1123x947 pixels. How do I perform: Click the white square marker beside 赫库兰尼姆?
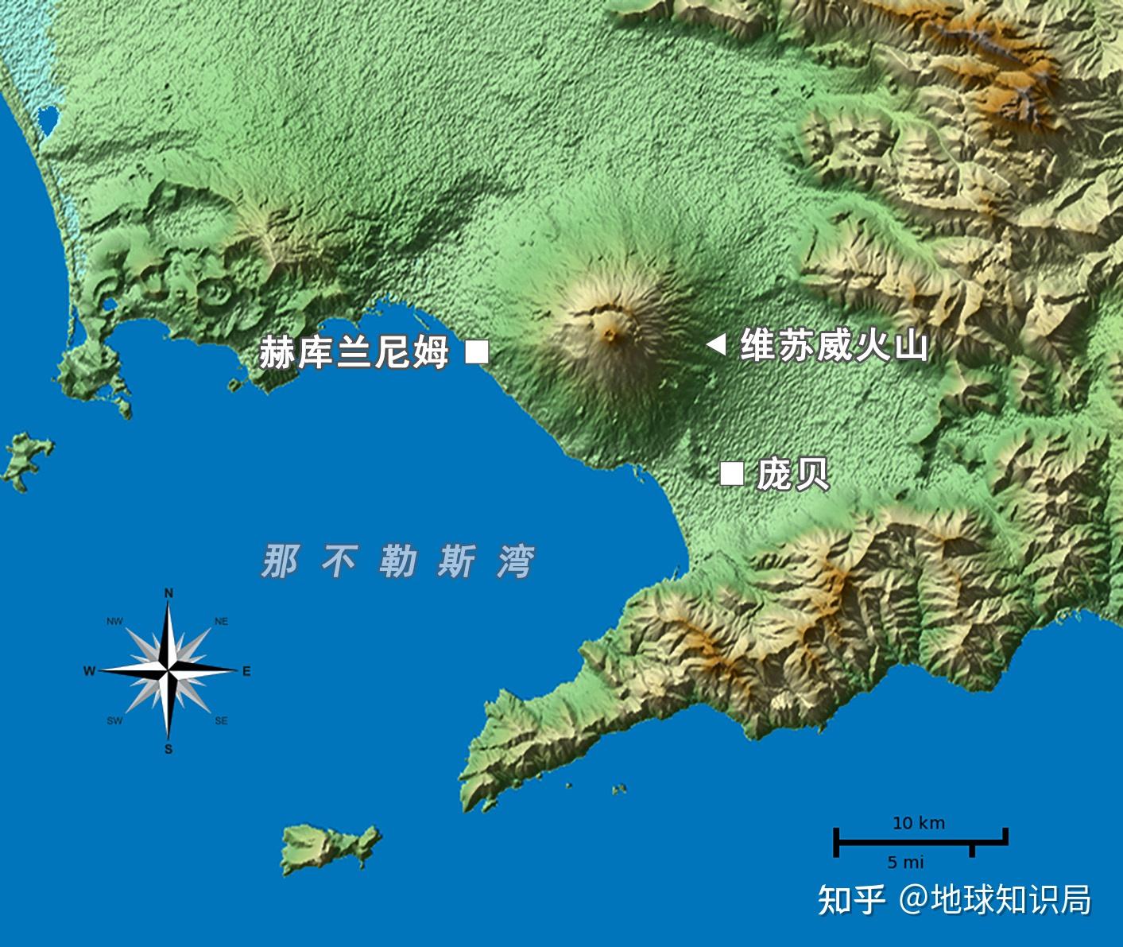point(477,351)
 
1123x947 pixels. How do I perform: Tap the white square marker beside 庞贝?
point(731,473)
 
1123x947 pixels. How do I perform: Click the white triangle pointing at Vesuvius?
point(716,344)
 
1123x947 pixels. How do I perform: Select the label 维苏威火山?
point(834,346)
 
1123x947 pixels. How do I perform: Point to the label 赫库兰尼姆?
point(354,352)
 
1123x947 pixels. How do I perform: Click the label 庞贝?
point(792,474)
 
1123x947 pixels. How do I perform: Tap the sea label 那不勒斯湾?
point(398,561)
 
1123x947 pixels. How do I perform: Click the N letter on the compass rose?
point(168,593)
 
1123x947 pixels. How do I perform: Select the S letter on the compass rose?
point(168,749)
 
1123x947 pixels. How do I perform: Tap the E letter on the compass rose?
point(246,672)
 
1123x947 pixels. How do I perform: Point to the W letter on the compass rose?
point(89,672)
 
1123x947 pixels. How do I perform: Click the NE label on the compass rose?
point(221,622)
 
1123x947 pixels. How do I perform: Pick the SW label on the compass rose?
point(114,721)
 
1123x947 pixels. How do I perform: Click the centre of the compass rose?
point(168,672)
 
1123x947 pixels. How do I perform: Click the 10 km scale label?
point(919,823)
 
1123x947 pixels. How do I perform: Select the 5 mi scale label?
point(906,862)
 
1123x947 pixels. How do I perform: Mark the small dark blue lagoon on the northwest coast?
point(47,120)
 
